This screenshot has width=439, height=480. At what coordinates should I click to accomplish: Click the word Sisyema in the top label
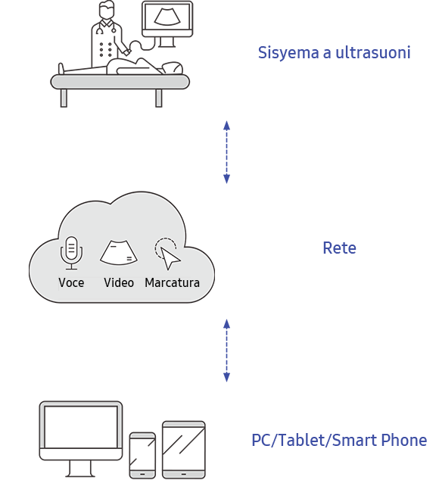282,53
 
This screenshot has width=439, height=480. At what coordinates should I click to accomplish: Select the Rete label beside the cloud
339,248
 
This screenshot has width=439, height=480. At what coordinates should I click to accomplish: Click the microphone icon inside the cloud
71,253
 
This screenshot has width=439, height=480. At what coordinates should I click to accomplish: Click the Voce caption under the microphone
71,282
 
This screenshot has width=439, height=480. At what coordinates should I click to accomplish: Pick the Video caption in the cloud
119,282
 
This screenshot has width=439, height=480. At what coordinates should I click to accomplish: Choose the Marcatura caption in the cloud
172,282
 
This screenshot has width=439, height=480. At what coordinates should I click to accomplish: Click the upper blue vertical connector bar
226,151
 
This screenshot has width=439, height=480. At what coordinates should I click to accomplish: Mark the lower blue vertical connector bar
226,350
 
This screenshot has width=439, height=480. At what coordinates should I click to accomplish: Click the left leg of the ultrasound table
64,98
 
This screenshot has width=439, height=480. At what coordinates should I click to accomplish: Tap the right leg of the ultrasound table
159,98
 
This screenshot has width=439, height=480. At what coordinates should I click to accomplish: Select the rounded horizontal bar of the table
120,82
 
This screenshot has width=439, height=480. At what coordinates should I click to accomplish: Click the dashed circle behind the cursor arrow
164,247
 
